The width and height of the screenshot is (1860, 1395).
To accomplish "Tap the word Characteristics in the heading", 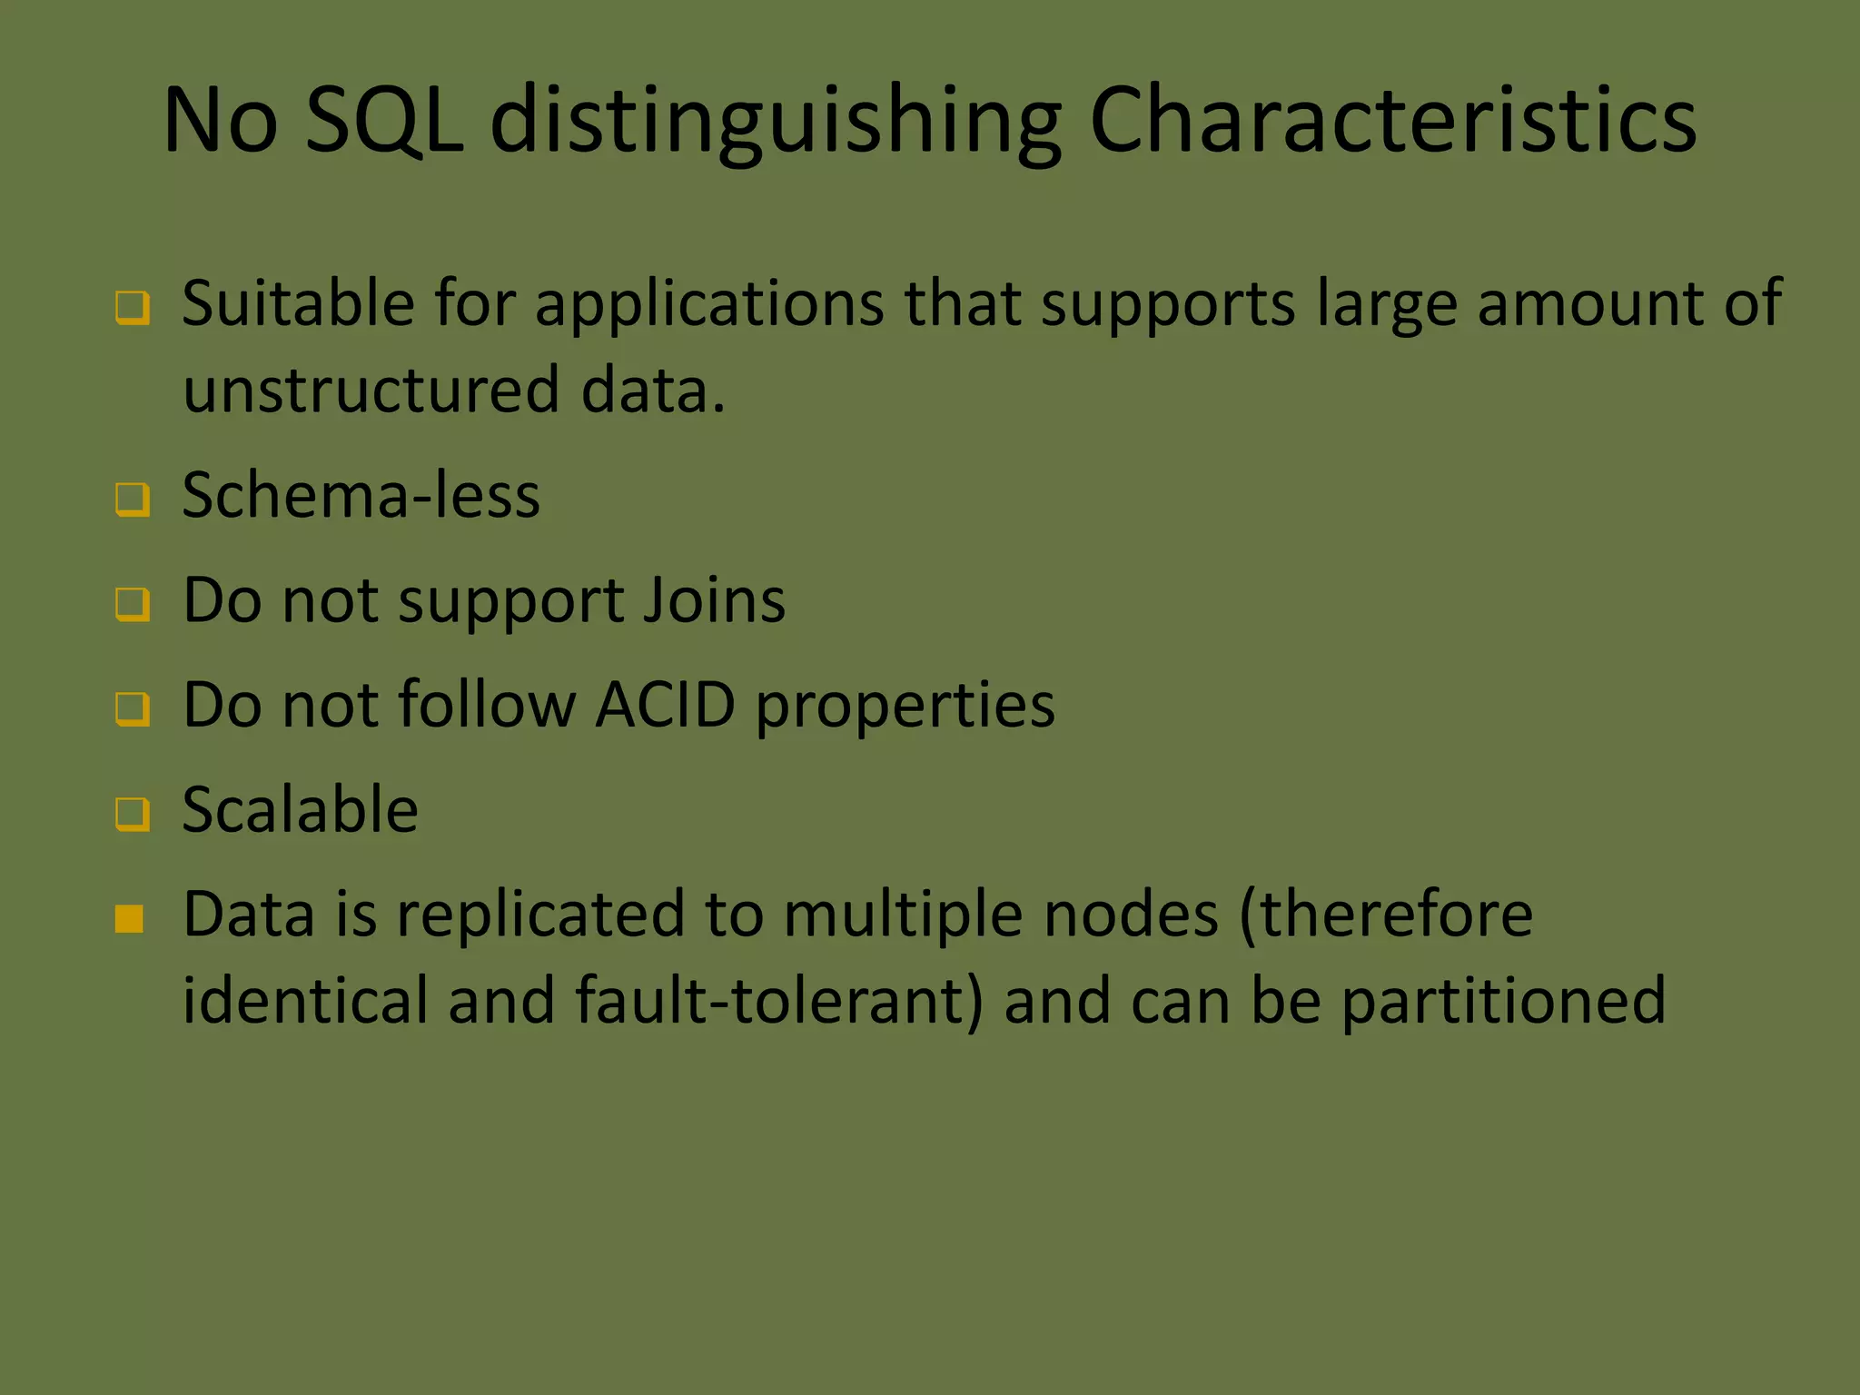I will coord(1392,120).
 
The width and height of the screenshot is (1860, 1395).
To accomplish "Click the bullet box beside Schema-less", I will coord(133,499).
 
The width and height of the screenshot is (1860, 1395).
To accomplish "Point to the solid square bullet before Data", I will coord(130,919).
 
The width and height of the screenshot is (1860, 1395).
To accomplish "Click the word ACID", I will coord(665,705).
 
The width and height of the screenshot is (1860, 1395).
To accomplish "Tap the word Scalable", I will coord(300,809).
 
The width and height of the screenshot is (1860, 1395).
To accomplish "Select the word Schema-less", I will coord(361,496).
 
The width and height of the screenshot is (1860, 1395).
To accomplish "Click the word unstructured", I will coord(371,390).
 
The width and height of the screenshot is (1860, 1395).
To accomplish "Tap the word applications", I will coord(708,305).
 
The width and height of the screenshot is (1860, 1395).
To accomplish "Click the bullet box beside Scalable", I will coord(133,813).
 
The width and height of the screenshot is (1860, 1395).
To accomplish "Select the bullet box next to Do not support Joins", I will coord(133,603).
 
